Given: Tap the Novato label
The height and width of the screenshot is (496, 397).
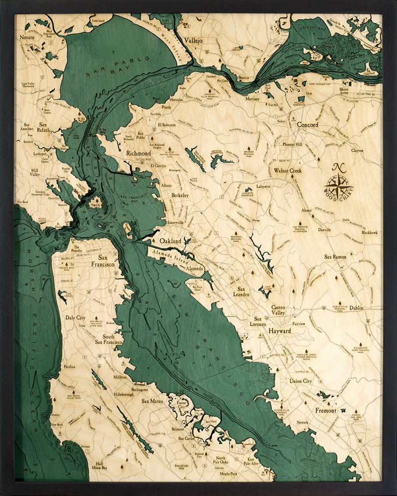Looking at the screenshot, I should tap(27, 38).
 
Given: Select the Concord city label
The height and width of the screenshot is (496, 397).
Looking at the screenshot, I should tap(307, 125).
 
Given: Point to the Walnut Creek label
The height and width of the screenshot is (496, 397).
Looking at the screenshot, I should tap(287, 171).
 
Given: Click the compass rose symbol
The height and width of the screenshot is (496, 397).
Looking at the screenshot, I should tap(339, 185).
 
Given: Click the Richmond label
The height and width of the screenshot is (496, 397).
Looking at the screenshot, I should tap(138, 154).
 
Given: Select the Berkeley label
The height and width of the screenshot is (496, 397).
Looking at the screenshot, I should tap(180, 196).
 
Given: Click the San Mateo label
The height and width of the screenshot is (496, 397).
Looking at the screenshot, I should tap(153, 401).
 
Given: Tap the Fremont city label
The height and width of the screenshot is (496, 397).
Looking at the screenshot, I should tap(326, 411).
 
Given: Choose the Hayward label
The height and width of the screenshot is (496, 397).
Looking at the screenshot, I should tap(281, 330).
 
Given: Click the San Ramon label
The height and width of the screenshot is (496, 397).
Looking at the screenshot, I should tap(336, 257).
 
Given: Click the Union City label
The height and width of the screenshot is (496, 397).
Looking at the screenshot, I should tap(301, 381).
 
